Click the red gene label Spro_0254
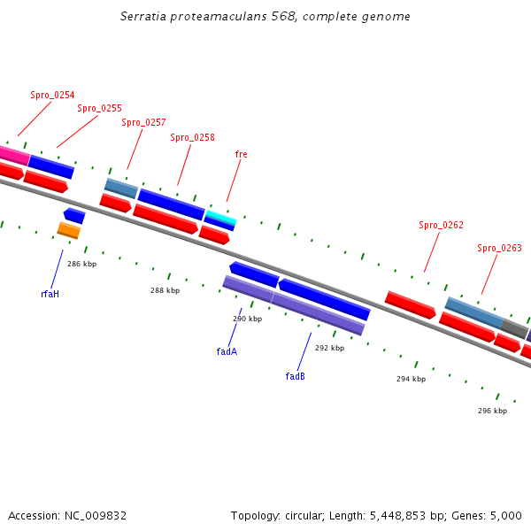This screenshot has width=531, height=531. (52, 95)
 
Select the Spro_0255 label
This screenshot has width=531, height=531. (99, 109)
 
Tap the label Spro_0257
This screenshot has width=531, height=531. (143, 123)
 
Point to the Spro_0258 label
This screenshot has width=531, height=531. (192, 138)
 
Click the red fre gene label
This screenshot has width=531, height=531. (241, 154)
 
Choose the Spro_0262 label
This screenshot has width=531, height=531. (441, 226)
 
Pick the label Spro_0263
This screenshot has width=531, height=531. (499, 249)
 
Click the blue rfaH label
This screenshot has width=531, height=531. (50, 294)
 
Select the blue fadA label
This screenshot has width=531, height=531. (227, 351)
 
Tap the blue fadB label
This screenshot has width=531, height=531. (295, 376)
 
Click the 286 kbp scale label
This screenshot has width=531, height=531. (81, 265)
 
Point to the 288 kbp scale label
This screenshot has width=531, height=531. (165, 290)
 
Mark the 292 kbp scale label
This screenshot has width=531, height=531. (329, 349)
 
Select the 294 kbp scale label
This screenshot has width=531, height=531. (411, 379)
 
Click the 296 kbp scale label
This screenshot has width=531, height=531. (492, 411)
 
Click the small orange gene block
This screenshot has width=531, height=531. (68, 230)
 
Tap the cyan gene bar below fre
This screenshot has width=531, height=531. (220, 217)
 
